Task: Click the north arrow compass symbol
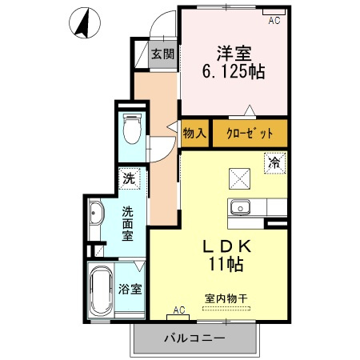coord(83,23)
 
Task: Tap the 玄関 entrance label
coord(165,55)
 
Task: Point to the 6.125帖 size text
coord(234,71)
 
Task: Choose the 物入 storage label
coord(194,134)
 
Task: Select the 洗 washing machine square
coord(129,178)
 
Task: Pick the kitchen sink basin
coord(240,208)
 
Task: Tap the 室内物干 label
coord(226,298)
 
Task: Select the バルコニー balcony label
coord(195,337)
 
